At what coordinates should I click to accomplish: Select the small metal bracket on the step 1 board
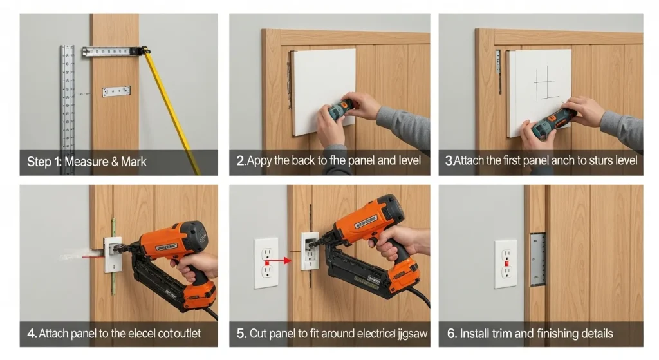[116, 91]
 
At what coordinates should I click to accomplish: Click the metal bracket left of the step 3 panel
[497, 71]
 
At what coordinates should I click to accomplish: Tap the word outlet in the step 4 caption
[187, 334]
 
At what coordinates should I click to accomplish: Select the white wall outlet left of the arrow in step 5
[266, 263]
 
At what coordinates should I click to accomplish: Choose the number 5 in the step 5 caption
[241, 334]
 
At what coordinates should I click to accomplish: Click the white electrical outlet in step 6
[505, 263]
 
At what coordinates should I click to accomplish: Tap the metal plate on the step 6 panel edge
[537, 260]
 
